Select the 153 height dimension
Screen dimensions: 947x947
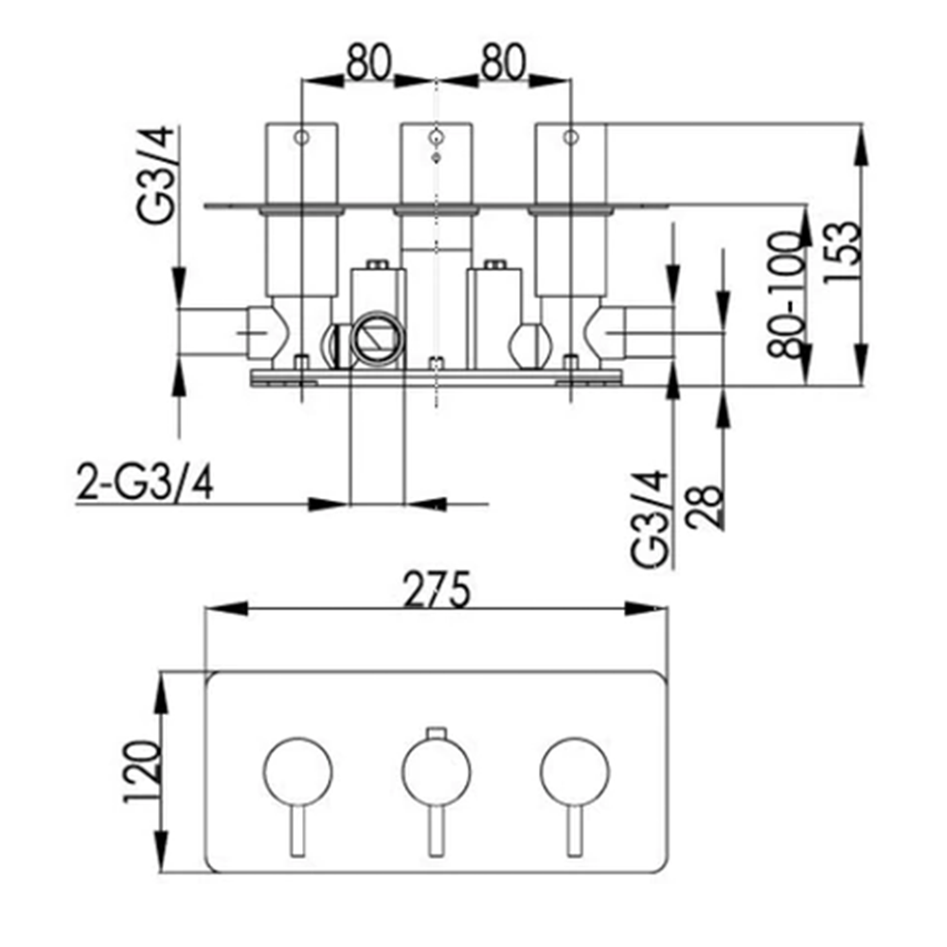(843, 251)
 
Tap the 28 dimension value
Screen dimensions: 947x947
(706, 507)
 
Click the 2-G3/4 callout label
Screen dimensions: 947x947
(145, 483)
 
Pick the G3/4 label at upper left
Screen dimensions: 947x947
(157, 175)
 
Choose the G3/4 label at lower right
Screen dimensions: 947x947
(652, 518)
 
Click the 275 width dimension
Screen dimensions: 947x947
(437, 589)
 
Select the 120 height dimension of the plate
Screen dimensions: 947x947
(143, 771)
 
